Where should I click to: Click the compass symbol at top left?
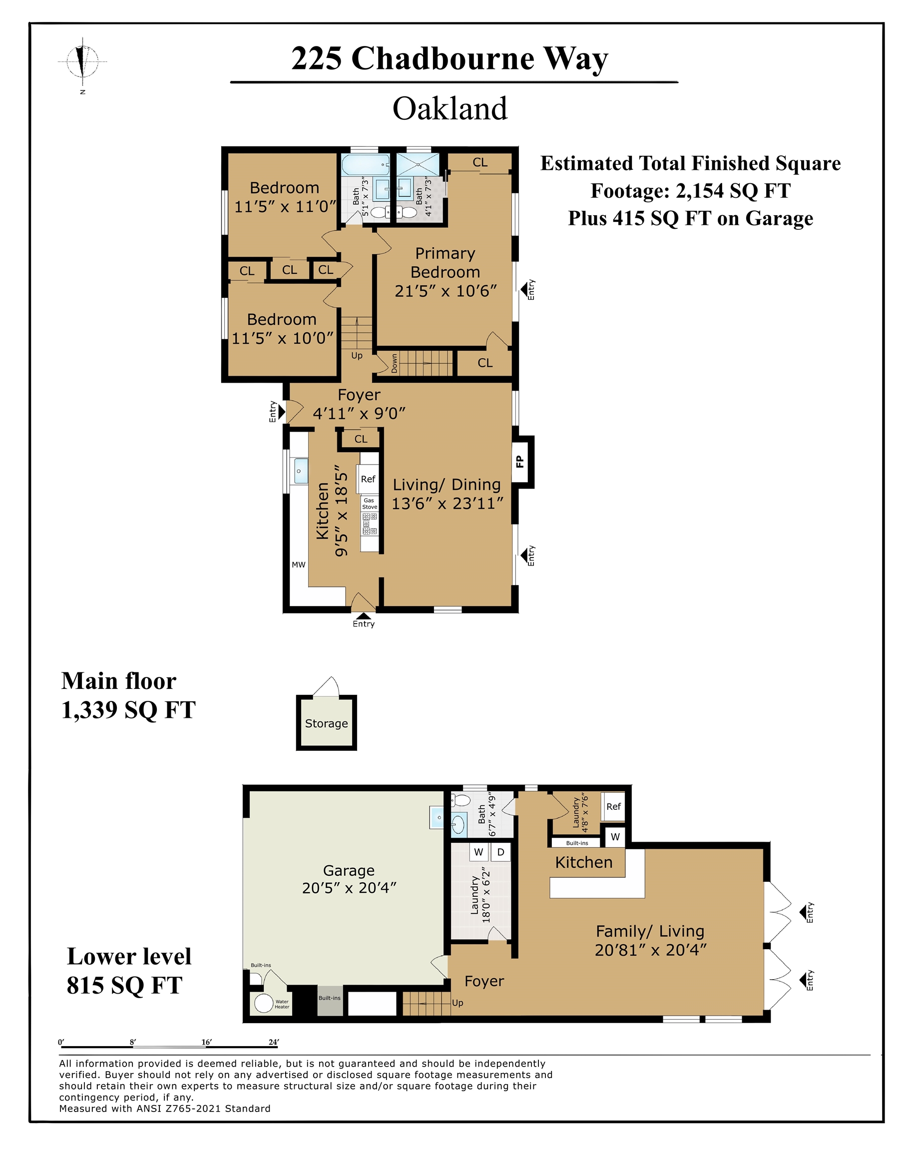click(82, 61)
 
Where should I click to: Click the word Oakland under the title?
click(450, 109)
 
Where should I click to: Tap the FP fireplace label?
click(520, 462)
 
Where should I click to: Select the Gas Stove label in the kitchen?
click(369, 504)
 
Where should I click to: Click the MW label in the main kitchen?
click(299, 565)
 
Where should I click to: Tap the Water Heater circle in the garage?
click(264, 1003)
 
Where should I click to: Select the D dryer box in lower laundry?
click(500, 852)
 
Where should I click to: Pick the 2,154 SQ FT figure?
click(733, 191)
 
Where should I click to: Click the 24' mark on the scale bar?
click(274, 1042)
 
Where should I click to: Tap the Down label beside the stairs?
click(394, 364)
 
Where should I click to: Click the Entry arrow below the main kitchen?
click(363, 617)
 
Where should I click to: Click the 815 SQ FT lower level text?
click(124, 985)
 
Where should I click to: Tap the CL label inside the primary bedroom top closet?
click(479, 163)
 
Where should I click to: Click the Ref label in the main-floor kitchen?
click(368, 479)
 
